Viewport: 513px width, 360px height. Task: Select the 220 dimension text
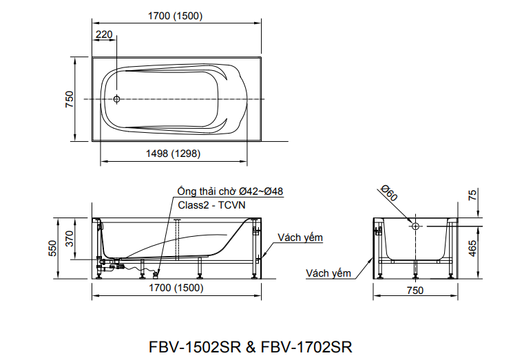point(105,34)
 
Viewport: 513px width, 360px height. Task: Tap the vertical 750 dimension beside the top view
point(69,99)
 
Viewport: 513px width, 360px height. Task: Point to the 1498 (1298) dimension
point(174,154)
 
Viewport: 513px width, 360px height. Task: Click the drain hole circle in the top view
point(117,99)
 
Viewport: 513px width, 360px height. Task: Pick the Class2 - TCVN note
point(211,205)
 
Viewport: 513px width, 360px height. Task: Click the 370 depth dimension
point(70,239)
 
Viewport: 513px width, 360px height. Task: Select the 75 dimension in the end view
point(472,195)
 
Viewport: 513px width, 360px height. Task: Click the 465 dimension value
point(472,248)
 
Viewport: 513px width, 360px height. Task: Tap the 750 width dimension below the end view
point(415,290)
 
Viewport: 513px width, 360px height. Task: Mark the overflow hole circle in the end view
point(416,226)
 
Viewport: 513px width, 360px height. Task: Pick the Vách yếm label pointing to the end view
point(328,273)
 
